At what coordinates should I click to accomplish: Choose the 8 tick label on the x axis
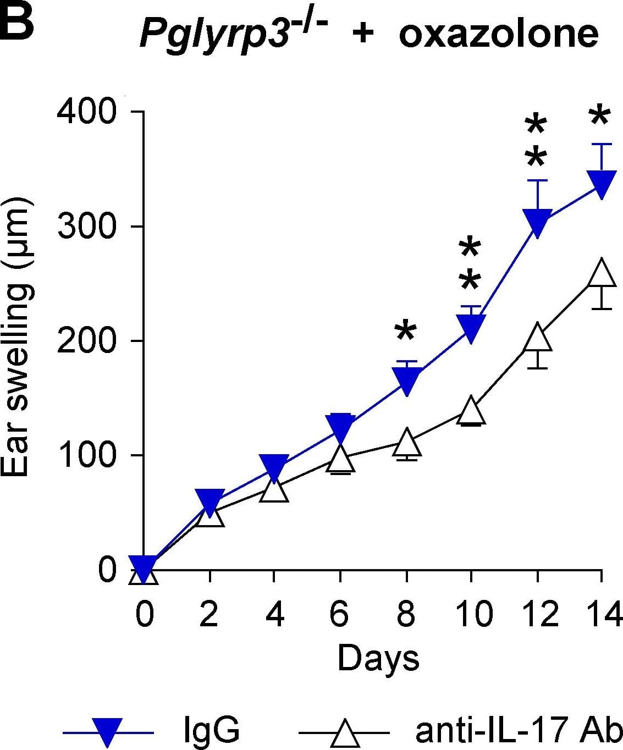406,613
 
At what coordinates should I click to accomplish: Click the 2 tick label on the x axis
209,613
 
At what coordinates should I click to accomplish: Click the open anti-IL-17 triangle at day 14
602,273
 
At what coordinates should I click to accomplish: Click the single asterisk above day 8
406,331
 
